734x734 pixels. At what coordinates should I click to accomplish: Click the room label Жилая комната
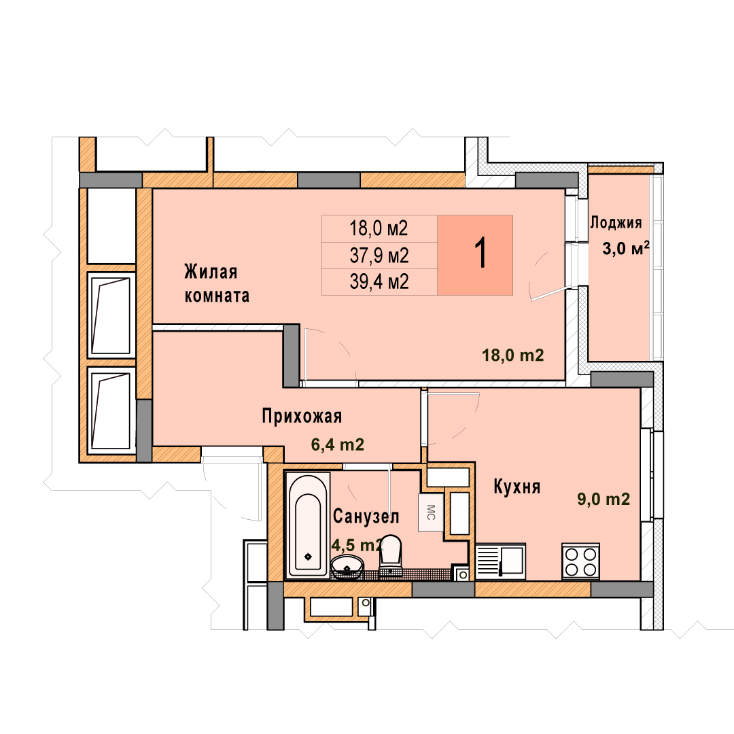tap(217, 283)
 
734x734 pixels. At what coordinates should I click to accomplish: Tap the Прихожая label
tap(302, 416)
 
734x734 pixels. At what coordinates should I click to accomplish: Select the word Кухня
tap(517, 487)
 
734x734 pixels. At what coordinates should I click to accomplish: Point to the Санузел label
tap(366, 517)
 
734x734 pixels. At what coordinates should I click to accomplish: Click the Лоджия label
tap(616, 222)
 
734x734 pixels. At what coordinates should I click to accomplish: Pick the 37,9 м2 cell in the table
tap(379, 256)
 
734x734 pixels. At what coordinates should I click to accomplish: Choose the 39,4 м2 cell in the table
tap(379, 282)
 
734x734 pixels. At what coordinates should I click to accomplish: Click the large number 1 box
tap(475, 255)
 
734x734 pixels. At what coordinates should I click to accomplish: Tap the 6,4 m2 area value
tap(338, 444)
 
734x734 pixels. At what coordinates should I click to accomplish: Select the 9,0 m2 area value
tap(604, 499)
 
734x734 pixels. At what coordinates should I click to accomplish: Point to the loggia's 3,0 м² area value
tap(625, 248)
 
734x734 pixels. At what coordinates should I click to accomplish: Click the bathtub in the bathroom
tap(308, 525)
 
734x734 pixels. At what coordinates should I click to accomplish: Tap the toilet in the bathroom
tap(390, 556)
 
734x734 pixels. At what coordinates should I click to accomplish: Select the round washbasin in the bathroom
tap(347, 567)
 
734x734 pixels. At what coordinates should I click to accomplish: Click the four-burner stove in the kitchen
tap(580, 562)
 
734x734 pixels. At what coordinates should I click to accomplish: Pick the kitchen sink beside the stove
tap(500, 561)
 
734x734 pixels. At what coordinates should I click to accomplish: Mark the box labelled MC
tap(431, 512)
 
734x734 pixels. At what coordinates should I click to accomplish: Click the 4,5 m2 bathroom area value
tap(357, 545)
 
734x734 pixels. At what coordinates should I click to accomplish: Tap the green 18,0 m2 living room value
tap(513, 355)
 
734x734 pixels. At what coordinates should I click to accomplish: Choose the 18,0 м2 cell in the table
tap(379, 228)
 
